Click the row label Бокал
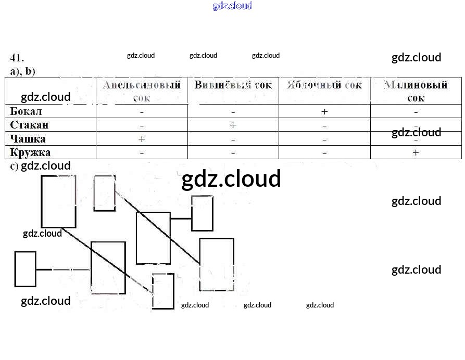point(26,111)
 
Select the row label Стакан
point(29,125)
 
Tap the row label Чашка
point(28,139)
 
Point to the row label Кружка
point(30,152)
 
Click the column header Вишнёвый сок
point(233,85)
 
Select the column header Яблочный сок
point(324,85)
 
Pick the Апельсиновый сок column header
point(142,91)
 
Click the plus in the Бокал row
point(324,112)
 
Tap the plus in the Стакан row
point(233,125)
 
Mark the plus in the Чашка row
point(142,139)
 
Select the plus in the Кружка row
point(416,152)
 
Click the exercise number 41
point(17,58)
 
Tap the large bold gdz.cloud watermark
point(231,179)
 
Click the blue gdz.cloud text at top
point(232,6)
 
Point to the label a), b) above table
point(22,71)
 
